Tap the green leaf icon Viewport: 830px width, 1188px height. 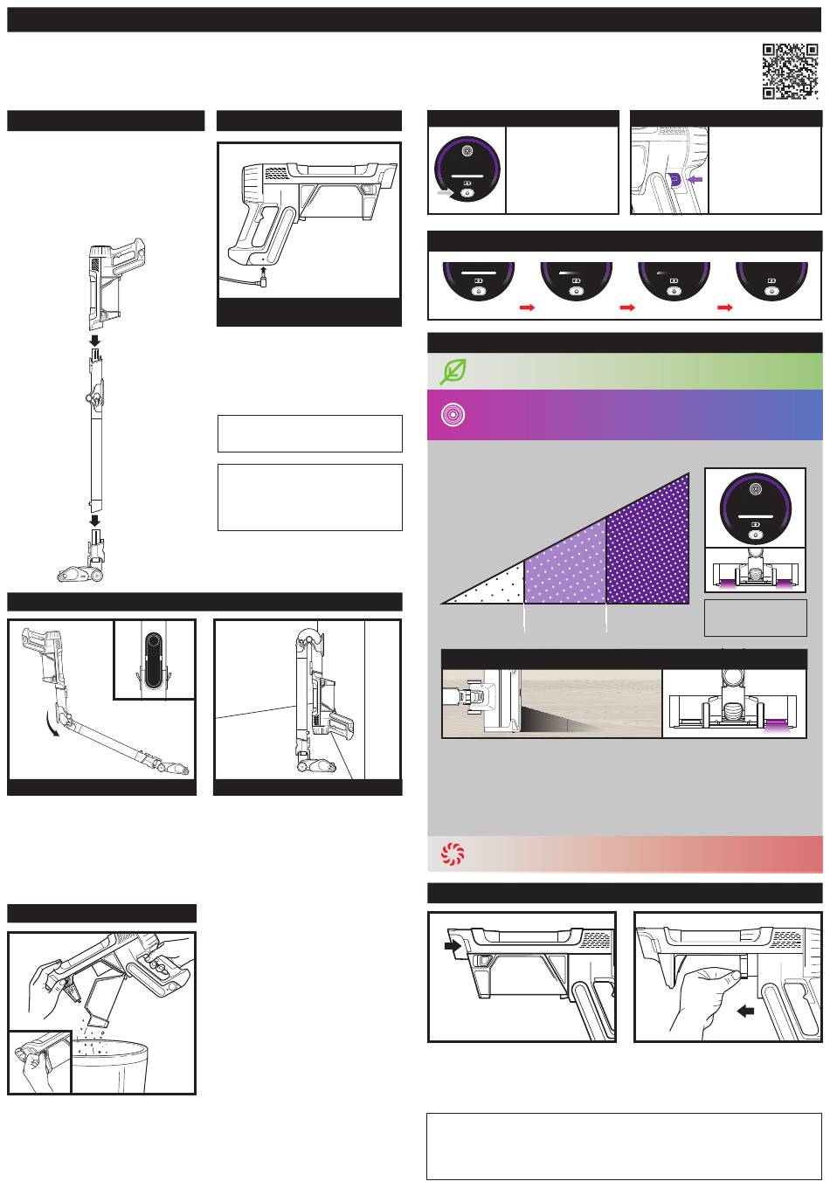[453, 372]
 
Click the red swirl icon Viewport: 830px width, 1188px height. [453, 853]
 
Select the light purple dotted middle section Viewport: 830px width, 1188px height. [566, 570]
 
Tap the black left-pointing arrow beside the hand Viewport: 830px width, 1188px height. [746, 1011]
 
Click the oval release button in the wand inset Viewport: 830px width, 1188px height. [154, 660]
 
